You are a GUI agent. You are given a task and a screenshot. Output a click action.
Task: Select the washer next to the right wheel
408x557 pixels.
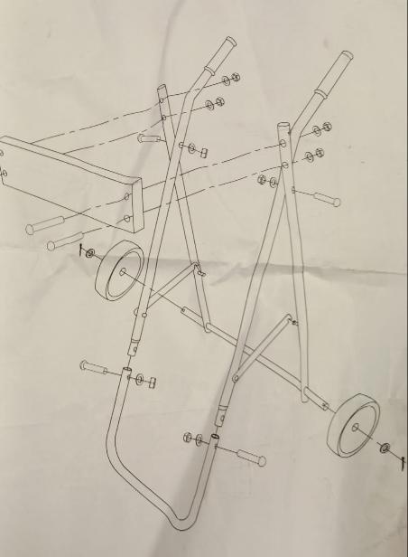pyautogui.click(x=385, y=447)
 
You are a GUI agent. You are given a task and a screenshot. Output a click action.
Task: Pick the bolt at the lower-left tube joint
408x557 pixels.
pyautogui.click(x=97, y=368)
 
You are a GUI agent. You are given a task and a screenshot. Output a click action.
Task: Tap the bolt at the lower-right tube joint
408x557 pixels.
pyautogui.click(x=246, y=456)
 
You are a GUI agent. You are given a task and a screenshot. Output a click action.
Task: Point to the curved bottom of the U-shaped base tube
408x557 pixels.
pyautogui.click(x=172, y=515)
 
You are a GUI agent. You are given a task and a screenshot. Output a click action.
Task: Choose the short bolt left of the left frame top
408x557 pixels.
pyautogui.click(x=151, y=139)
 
